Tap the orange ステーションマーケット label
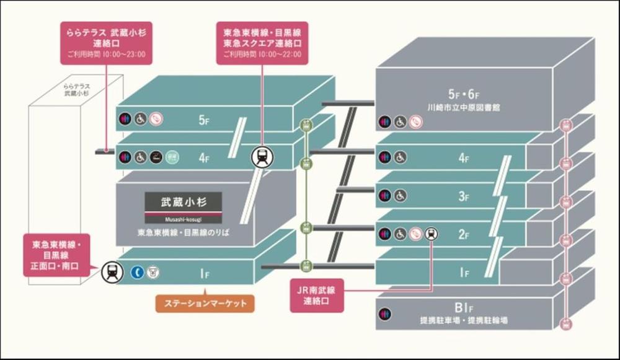tap(204, 304)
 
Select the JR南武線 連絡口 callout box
tap(316, 294)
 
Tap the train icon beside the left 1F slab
tap(112, 271)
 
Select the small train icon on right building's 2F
tap(431, 234)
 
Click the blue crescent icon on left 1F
tap(137, 271)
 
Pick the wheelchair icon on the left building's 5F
tap(141, 119)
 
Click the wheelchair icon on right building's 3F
tap(401, 196)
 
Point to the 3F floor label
tap(463, 196)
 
